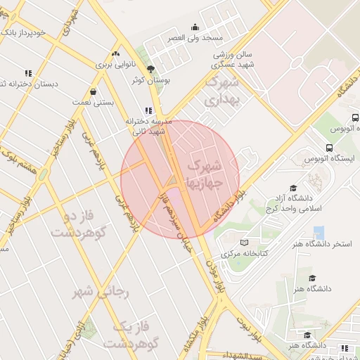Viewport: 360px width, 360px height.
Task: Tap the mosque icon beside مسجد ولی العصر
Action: tap(194, 27)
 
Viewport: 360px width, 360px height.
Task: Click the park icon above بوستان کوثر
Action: tap(150, 68)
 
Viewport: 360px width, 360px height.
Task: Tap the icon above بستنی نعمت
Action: tap(94, 91)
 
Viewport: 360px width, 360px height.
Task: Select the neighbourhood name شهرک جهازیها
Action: tap(206, 174)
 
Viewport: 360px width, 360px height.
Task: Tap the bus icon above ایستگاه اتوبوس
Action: tap(329, 148)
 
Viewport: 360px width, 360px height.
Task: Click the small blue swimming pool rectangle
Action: tap(319, 231)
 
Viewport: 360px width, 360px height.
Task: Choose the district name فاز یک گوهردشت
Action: tap(127, 335)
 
